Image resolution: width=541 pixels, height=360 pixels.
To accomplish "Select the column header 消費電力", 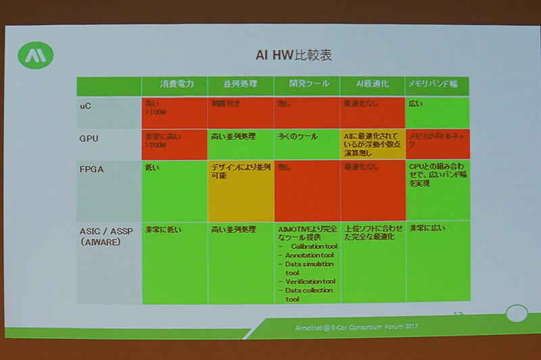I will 174,85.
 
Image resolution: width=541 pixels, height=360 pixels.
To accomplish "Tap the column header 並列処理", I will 240,85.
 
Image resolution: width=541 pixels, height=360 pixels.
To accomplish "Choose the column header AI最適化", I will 372,85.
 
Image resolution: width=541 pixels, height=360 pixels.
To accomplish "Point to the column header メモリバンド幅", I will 437,85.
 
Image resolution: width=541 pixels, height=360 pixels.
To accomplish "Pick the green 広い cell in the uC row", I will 437,112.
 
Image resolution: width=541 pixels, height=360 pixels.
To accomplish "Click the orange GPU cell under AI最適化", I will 372,143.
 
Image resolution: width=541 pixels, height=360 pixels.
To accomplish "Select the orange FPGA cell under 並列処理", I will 240,190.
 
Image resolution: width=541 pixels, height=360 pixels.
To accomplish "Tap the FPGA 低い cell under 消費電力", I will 174,190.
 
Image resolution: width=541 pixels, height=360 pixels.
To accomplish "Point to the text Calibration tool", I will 312,248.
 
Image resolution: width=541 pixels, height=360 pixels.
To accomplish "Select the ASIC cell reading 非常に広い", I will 437,261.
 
